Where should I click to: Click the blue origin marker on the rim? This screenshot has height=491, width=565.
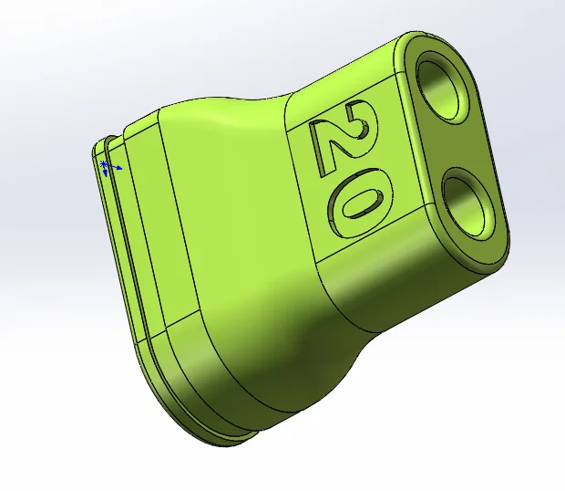[x=105, y=166]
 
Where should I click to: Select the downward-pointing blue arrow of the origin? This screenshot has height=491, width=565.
[x=108, y=173]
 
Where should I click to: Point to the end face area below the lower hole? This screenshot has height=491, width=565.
[x=488, y=246]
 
